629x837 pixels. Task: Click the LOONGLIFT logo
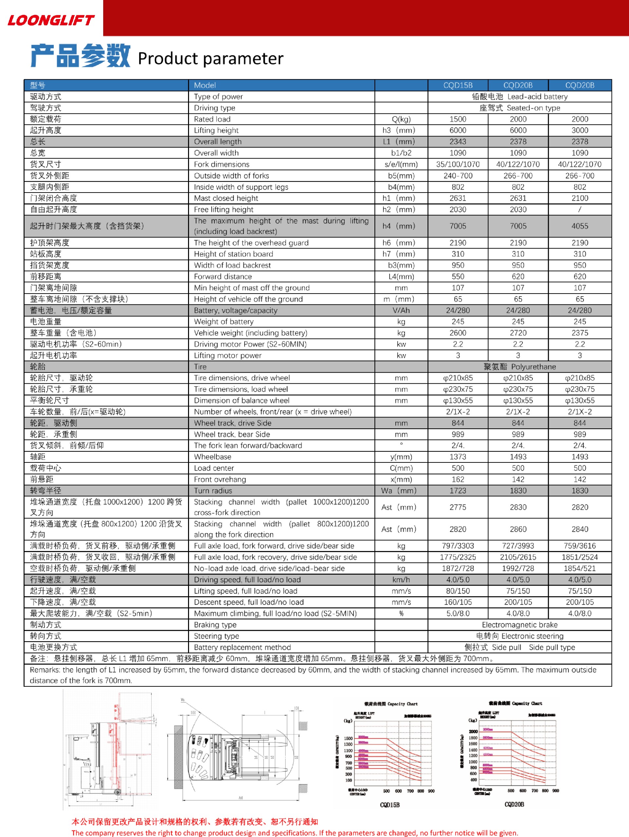pos(51,20)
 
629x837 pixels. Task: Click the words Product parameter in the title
pos(211,59)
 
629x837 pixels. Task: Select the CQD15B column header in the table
pos(458,85)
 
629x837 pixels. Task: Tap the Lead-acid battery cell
pos(520,96)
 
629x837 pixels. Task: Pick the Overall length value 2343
pos(458,141)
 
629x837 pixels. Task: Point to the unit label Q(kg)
pos(401,119)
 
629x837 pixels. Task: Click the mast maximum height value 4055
pos(580,226)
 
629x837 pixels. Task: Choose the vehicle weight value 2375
pos(580,333)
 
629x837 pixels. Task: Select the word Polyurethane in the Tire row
pos(533,367)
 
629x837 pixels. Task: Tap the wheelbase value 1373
pos(458,457)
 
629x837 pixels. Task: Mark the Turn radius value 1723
pos(458,491)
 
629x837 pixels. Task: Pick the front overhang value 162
pos(458,480)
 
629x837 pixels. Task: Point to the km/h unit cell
pos(401,580)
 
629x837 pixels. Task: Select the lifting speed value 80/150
pos(458,591)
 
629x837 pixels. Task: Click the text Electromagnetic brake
pos(520,625)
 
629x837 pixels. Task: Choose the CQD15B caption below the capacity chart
pos(390,805)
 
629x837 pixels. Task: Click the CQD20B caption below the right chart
pos(514,805)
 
